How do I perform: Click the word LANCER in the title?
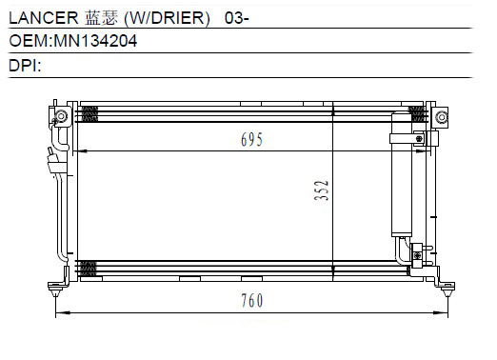[x=44, y=18]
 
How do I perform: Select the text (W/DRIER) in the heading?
[x=167, y=18]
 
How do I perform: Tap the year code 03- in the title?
[x=237, y=18]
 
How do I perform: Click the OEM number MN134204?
[x=95, y=41]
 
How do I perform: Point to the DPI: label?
[x=25, y=66]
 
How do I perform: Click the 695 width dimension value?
[x=251, y=140]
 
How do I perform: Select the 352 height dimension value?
[x=321, y=190]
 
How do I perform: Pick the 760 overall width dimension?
[x=252, y=300]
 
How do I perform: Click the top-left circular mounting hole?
[x=61, y=116]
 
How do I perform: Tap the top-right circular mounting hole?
[x=442, y=117]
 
